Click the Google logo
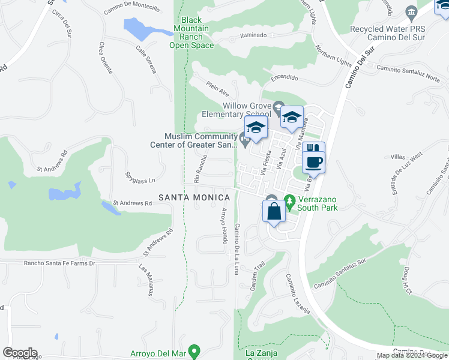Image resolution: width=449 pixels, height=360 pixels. pos(20,353)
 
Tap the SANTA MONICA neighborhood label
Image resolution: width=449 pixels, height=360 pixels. pos(194,197)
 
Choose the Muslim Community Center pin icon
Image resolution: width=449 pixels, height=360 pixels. pos(244,140)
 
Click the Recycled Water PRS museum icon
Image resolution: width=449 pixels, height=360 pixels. pos(411,12)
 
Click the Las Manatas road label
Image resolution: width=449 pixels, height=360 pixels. pos(147,280)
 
